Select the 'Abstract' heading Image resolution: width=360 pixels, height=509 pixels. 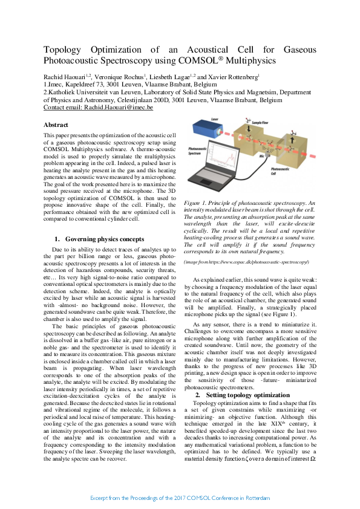tap(56, 125)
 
